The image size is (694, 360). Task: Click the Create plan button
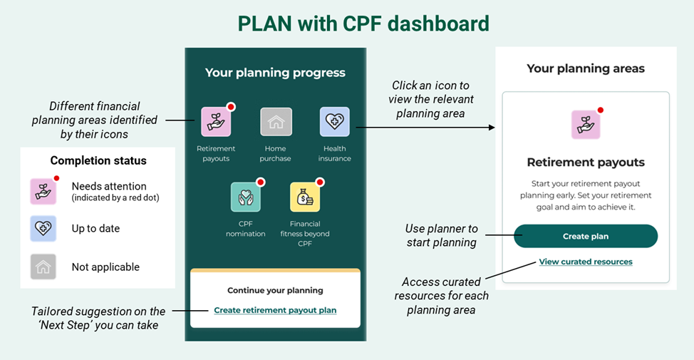pos(585,236)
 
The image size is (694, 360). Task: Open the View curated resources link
pos(585,262)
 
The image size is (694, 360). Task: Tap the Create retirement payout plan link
pos(275,310)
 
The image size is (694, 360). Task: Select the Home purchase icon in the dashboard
pos(275,122)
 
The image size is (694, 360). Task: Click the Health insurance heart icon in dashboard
pos(334,122)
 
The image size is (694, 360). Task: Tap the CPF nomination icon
pos(245,197)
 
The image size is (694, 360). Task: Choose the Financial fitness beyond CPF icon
pos(304,197)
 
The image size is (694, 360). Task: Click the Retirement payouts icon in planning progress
pos(215,122)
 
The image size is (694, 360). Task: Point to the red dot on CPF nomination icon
pos(261,182)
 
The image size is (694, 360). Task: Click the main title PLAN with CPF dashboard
pos(363,24)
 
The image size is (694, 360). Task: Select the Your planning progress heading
pos(275,73)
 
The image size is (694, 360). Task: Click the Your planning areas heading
pos(585,69)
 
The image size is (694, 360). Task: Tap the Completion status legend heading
pos(98,160)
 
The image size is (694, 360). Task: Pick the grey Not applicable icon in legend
pos(43,267)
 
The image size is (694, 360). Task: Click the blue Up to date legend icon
pos(43,228)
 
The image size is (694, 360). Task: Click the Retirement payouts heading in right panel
pos(585,162)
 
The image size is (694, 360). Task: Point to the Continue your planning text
pos(275,290)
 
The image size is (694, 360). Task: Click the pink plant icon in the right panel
pos(585,125)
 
